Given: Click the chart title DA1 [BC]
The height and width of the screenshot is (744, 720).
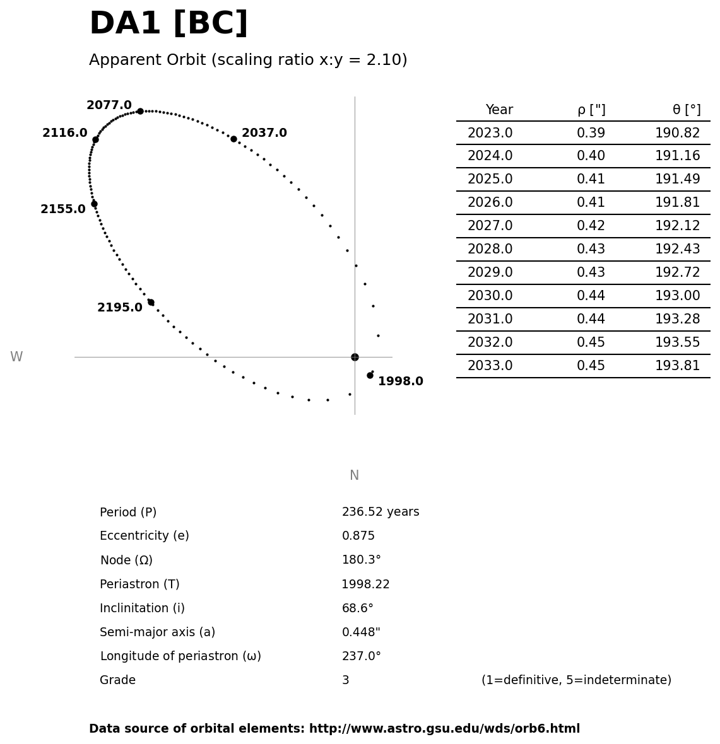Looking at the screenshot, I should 168,24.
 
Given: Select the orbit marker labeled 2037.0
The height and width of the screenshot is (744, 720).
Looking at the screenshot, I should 233,139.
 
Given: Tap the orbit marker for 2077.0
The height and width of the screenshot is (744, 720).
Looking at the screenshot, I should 140,111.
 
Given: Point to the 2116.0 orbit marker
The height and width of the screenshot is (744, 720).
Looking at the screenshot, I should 95,139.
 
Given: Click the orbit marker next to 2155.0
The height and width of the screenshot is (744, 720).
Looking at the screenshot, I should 94,204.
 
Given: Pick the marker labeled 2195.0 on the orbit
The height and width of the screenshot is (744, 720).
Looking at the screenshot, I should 151,302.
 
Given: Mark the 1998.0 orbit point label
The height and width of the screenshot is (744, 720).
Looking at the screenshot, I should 400,381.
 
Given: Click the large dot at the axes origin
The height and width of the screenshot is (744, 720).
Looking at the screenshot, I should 355,357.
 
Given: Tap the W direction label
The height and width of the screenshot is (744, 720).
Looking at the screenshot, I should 16,357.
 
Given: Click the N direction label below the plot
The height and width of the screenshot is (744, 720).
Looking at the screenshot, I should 354,475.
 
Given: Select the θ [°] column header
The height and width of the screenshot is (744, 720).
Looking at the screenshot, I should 686,110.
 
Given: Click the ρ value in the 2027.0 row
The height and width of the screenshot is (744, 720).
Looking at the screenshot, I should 591,226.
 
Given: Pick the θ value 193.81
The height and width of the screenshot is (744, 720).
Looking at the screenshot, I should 677,366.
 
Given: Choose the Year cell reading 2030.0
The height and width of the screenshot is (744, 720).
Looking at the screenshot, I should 490,296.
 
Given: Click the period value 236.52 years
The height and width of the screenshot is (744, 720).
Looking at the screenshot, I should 380,512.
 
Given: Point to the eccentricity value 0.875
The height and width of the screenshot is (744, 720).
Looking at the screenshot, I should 358,536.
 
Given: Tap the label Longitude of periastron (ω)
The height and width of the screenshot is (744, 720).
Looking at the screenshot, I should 180,656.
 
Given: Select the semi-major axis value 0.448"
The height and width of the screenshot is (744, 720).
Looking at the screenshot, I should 361,632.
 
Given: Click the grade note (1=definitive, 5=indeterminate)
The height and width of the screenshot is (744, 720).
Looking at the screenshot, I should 576,680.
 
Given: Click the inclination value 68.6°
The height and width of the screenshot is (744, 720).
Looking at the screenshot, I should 357,608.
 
